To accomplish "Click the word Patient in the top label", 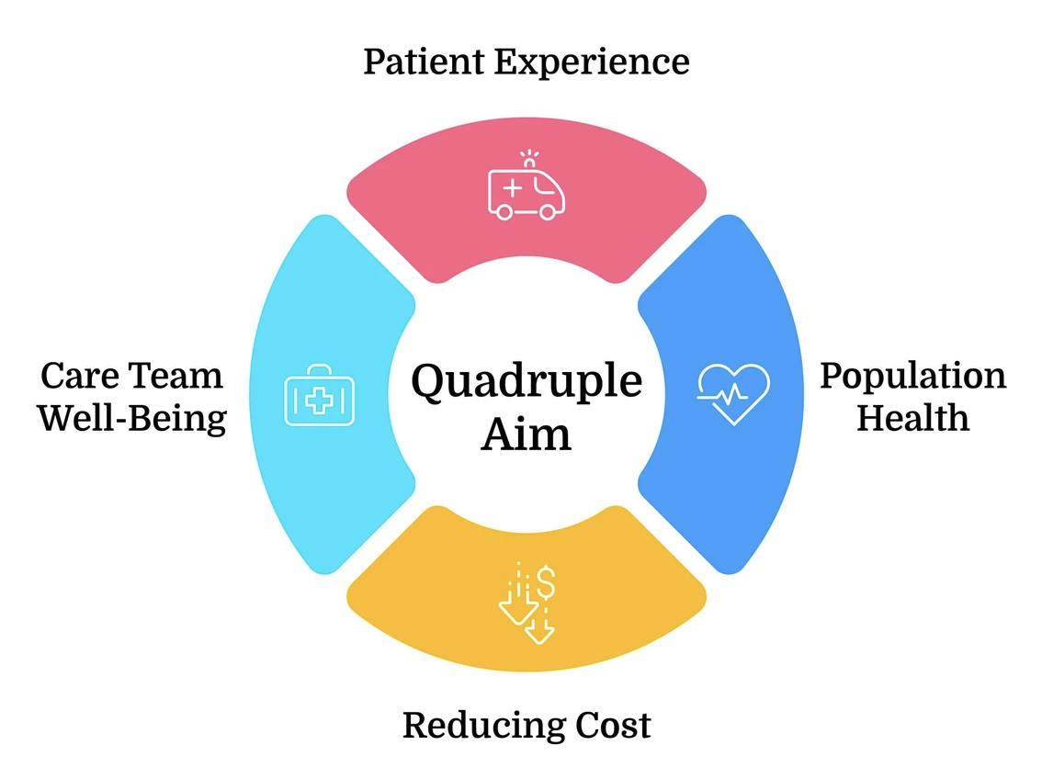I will point(424,62).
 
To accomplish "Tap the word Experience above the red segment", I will point(592,62).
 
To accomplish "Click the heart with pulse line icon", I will point(733,393).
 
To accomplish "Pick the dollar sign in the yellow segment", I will point(546,581).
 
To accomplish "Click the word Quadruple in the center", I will point(526,380).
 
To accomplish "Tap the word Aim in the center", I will point(526,433).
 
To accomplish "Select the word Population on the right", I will point(912,377).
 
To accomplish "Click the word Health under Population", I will point(912,418).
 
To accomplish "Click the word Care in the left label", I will point(78,377).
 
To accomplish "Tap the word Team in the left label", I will point(175,377).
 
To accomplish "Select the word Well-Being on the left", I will point(132,418).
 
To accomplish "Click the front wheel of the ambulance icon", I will point(548,211).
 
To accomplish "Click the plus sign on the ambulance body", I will point(512,187).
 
